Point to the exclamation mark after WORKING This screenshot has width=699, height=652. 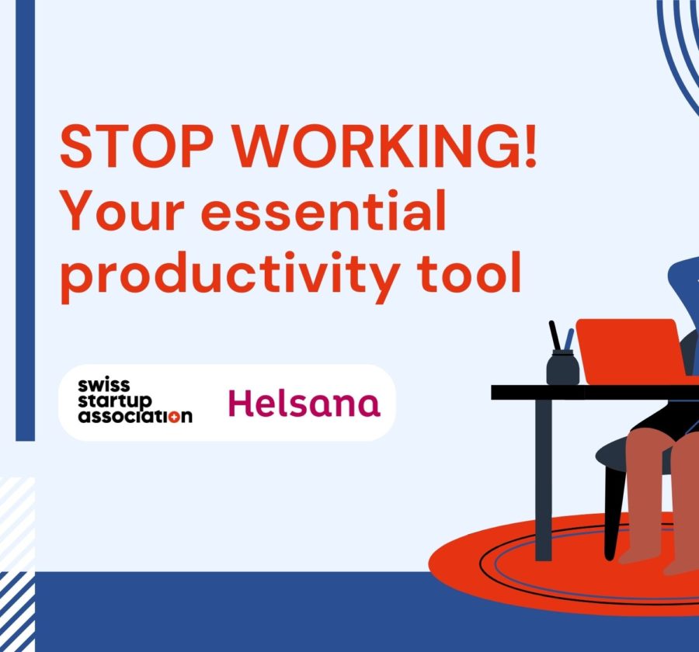[x=530, y=146]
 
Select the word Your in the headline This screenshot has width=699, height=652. [x=123, y=210]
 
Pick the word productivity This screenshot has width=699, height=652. [x=230, y=277]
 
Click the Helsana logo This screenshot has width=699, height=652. [x=304, y=404]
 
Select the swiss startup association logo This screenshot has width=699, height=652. [x=135, y=401]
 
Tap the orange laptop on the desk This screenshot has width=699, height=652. [x=631, y=351]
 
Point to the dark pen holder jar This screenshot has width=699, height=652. [x=562, y=367]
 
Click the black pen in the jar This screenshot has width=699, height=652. [x=555, y=335]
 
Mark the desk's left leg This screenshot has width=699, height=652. [x=544, y=480]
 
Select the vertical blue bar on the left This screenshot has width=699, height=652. [x=25, y=220]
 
